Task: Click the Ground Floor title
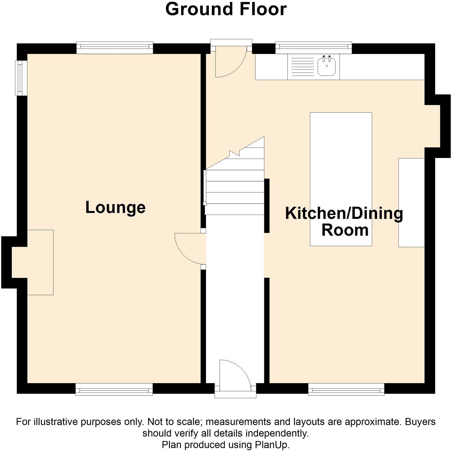(226, 9)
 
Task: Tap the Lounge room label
(115, 207)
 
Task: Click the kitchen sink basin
(327, 66)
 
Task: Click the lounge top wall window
(115, 48)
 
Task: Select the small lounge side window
(21, 78)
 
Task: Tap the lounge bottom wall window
(114, 389)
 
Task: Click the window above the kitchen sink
(313, 48)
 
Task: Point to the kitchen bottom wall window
(346, 389)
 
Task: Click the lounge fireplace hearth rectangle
(40, 262)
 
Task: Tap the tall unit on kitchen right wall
(411, 202)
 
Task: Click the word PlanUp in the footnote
(272, 445)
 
